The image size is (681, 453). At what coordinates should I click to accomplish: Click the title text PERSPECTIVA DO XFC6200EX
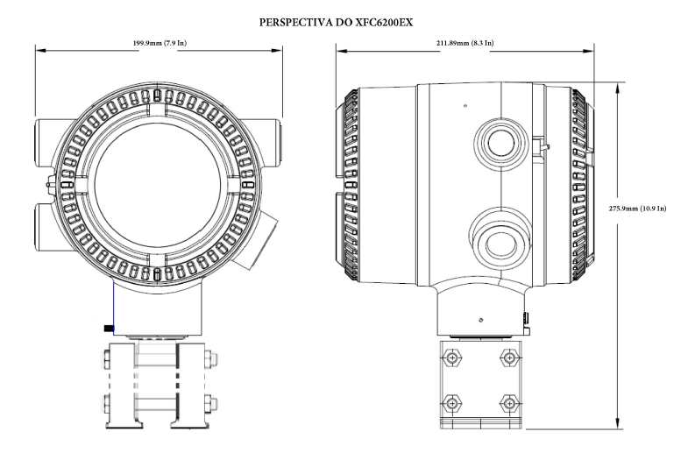[336, 22]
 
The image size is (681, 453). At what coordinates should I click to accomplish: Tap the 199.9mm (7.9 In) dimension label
[160, 43]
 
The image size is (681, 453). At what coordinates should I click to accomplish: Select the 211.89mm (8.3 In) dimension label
[465, 43]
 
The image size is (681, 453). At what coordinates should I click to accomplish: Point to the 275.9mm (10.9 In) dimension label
[637, 209]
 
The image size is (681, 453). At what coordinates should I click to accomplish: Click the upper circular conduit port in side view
[501, 142]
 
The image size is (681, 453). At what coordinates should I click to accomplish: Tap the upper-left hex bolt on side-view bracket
[451, 357]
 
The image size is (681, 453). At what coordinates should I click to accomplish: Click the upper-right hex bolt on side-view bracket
[509, 357]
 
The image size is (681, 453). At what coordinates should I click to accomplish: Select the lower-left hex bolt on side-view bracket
[451, 404]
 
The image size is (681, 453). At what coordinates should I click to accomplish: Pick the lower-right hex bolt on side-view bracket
[509, 404]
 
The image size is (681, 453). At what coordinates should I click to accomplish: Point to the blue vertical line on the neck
[113, 308]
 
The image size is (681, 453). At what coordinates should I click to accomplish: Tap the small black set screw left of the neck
[108, 329]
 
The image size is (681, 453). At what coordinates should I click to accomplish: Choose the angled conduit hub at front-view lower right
[257, 239]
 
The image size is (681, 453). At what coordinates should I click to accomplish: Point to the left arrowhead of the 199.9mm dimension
[41, 50]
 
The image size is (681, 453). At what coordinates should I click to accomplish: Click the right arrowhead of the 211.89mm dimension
[587, 51]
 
